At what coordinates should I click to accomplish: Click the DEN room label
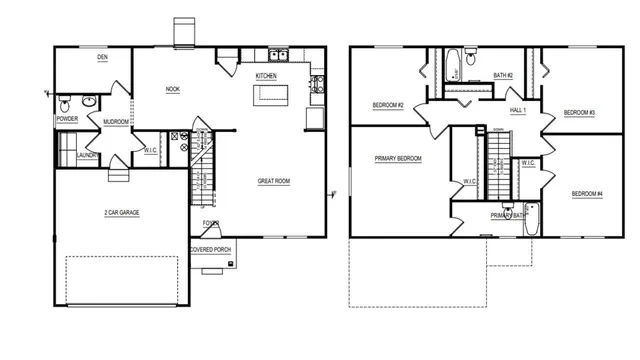pyautogui.click(x=102, y=58)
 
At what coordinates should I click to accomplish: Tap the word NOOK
pyautogui.click(x=173, y=90)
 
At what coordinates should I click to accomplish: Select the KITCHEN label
pyautogui.click(x=266, y=76)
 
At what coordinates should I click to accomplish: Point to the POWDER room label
pyautogui.click(x=67, y=119)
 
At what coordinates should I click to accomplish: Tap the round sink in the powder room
pyautogui.click(x=87, y=101)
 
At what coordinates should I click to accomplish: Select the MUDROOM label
pyautogui.click(x=116, y=123)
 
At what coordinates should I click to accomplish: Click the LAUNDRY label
pyautogui.click(x=86, y=155)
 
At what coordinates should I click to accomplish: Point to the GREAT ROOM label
pyautogui.click(x=273, y=181)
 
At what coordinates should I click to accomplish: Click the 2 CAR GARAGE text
pyautogui.click(x=121, y=213)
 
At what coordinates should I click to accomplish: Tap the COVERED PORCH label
pyautogui.click(x=210, y=250)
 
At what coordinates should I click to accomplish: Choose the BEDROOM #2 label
pyautogui.click(x=388, y=105)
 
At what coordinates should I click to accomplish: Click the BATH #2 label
pyautogui.click(x=503, y=75)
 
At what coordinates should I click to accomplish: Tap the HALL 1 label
pyautogui.click(x=517, y=110)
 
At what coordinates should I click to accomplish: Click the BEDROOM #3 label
pyautogui.click(x=579, y=112)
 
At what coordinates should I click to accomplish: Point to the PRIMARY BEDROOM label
pyautogui.click(x=398, y=159)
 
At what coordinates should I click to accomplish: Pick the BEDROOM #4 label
pyautogui.click(x=587, y=193)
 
